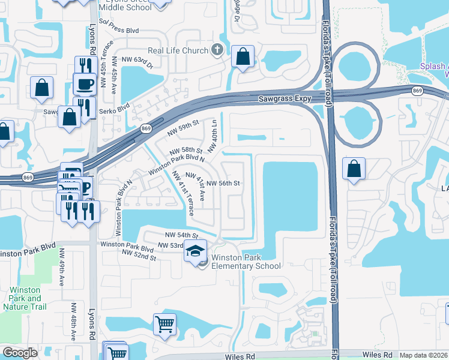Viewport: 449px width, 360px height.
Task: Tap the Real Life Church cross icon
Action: pos(217,50)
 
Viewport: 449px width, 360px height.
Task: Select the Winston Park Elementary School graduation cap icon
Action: pos(195,250)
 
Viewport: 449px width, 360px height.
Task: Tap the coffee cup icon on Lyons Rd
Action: pos(84,83)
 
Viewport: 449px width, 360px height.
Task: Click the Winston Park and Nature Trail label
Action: pos(25,298)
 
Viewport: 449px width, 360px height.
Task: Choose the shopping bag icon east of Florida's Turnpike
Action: pos(354,169)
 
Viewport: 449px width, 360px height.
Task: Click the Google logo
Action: pos(20,352)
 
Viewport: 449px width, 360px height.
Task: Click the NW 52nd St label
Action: pos(139,256)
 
